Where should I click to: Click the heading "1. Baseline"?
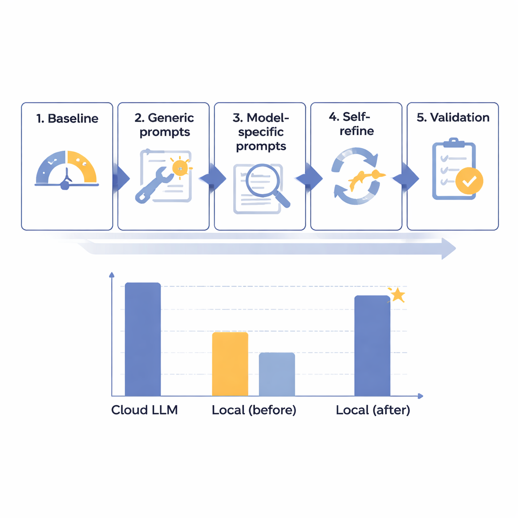click(x=67, y=119)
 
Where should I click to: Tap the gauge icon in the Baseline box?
click(x=67, y=169)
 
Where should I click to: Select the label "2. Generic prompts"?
click(x=164, y=125)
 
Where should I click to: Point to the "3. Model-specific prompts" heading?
click(x=261, y=132)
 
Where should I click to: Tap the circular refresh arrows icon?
click(x=356, y=176)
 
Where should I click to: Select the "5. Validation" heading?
click(x=453, y=118)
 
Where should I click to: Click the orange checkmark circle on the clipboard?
click(x=469, y=181)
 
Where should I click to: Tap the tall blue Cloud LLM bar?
click(x=143, y=339)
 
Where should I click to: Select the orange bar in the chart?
click(x=230, y=364)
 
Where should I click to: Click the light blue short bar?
click(x=277, y=374)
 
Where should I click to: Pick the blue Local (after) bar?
click(x=372, y=346)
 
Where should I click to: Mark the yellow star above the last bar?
click(x=398, y=294)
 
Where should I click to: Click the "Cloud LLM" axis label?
click(x=144, y=410)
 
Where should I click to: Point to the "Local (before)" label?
click(x=254, y=410)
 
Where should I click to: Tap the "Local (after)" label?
click(x=373, y=410)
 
